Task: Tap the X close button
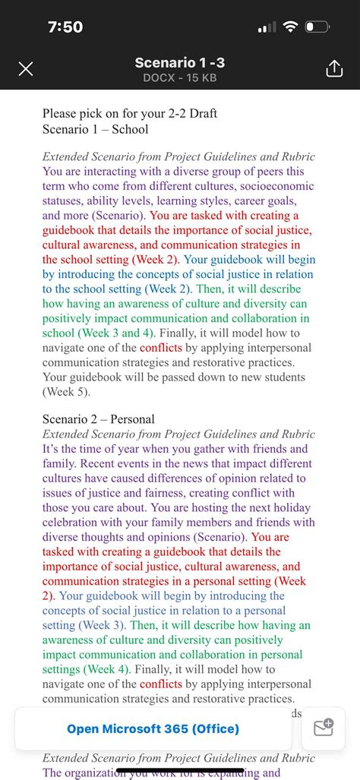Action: coord(25,69)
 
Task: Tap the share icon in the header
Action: coord(334,69)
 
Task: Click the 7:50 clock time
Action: coord(65,27)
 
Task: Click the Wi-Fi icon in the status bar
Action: coord(289,27)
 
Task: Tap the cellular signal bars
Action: coord(267,28)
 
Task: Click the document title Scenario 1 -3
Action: coord(179,62)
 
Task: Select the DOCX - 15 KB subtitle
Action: coord(179,77)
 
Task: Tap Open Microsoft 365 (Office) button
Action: coord(153,728)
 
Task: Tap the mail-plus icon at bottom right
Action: coord(324,728)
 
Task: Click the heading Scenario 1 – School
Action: coord(96,128)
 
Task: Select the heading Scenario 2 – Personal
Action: coord(99,418)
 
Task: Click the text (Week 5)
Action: coord(66,392)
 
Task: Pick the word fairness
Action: coord(169,493)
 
